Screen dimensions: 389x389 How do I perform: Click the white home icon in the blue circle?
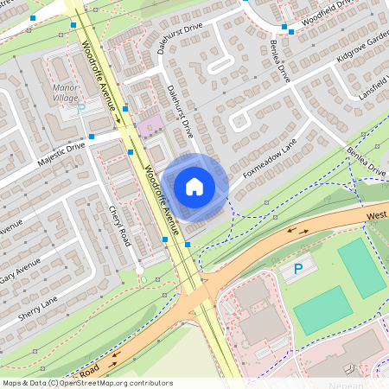[x=194, y=186]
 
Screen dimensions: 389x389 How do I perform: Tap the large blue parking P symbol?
[x=299, y=270]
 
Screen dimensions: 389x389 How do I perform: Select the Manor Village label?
[x=66, y=93]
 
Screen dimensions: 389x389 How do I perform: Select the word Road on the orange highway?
[x=90, y=370]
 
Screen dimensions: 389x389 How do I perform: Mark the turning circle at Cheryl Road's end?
[x=140, y=271]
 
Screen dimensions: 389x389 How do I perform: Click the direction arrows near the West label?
[x=302, y=231]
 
